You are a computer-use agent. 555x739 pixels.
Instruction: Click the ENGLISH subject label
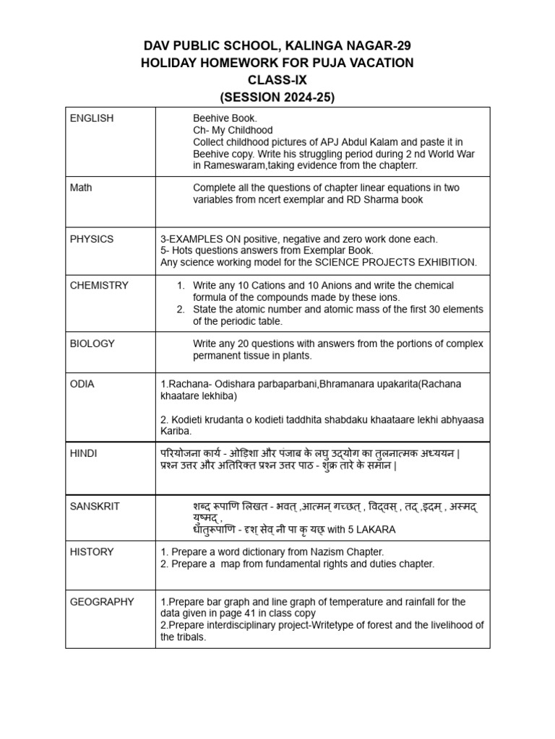[x=92, y=118]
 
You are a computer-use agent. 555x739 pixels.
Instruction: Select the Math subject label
[x=81, y=188]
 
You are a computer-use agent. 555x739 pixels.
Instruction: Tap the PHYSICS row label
[x=92, y=239]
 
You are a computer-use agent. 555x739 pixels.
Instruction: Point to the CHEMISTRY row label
[x=99, y=285]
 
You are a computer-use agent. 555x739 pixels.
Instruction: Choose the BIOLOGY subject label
[x=92, y=344]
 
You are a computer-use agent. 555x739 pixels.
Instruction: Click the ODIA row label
[x=82, y=384]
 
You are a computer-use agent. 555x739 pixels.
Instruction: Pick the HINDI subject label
[x=83, y=453]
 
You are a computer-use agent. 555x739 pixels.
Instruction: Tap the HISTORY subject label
[x=92, y=551]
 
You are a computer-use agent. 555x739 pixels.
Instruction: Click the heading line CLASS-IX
[x=277, y=80]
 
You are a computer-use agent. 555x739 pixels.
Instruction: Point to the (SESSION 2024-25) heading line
[x=277, y=97]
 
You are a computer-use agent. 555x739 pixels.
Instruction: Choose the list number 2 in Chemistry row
[x=181, y=310]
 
